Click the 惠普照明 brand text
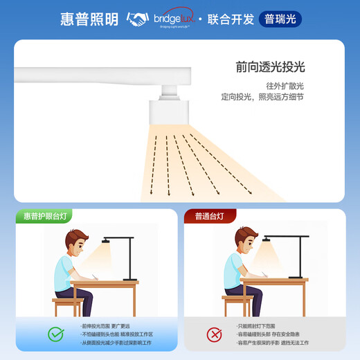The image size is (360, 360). tap(91, 19)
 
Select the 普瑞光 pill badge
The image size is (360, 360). tap(280, 19)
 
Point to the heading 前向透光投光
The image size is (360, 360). tap(270, 67)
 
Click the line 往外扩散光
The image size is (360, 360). tap(285, 86)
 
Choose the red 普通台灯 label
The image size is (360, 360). tap(210, 216)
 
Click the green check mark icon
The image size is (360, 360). tap(56, 334)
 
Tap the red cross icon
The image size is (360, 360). tap(213, 335)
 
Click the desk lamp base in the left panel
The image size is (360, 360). tap(126, 278)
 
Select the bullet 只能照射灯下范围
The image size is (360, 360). tap(258, 326)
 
